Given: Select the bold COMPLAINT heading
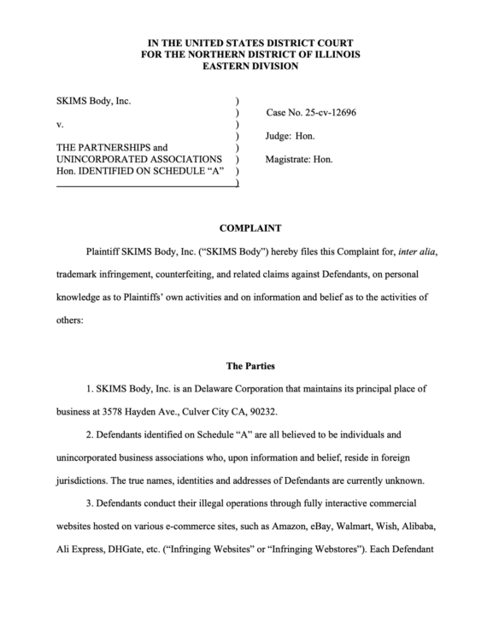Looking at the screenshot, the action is tap(249, 228).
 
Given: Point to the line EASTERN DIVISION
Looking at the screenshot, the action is tap(249, 66).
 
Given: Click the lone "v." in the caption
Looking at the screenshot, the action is tap(60, 124).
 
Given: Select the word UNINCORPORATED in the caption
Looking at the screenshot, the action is tap(103, 159).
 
